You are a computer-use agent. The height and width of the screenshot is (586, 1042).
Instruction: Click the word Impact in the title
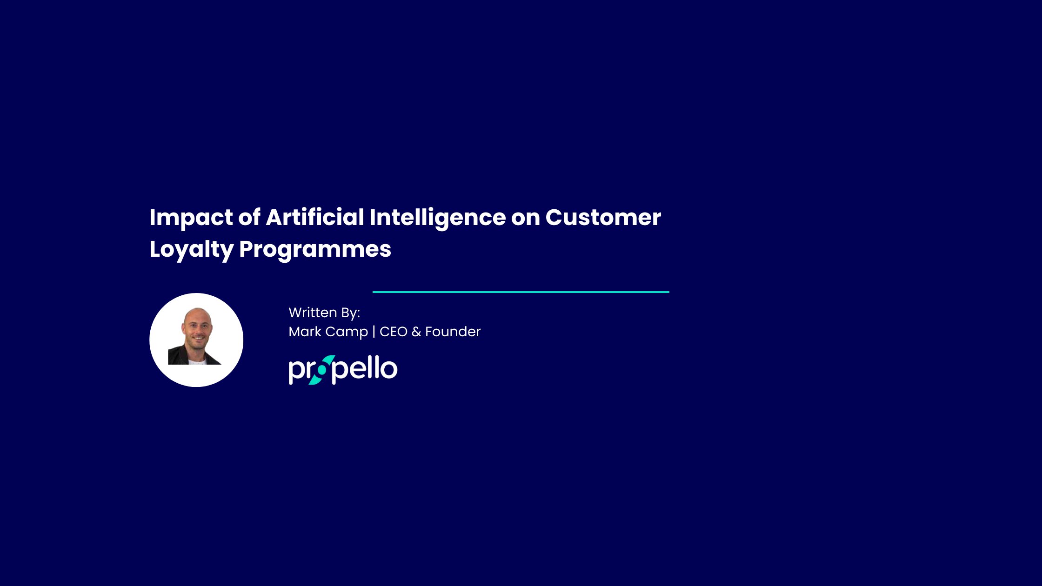tap(191, 218)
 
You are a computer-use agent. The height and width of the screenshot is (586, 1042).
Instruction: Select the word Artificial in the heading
tap(315, 217)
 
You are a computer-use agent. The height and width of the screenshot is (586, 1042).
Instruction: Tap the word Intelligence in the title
tap(437, 218)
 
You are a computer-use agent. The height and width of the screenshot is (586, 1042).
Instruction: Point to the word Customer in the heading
tap(603, 217)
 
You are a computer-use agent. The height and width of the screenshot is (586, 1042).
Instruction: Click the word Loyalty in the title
tap(191, 249)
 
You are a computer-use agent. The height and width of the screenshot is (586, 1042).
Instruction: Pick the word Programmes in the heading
tap(315, 249)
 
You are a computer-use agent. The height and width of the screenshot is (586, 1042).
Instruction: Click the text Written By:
tap(324, 313)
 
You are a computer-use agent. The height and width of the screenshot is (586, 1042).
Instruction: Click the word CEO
tap(394, 332)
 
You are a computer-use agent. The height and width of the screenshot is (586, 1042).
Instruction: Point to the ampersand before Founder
tap(416, 332)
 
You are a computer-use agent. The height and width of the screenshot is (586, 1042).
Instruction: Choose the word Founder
tap(453, 332)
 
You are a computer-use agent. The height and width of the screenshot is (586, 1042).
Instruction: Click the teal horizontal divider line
tap(521, 292)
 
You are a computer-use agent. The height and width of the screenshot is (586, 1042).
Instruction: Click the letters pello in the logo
tap(365, 369)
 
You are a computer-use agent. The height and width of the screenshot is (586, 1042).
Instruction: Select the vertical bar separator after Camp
tap(374, 332)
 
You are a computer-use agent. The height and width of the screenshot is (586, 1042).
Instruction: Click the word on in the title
tap(525, 218)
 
